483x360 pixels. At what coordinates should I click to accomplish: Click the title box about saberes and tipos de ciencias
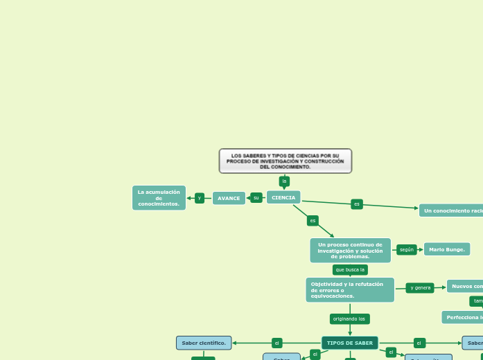285,161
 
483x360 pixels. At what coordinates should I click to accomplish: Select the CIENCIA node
283,197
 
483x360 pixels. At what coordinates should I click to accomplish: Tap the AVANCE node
229,198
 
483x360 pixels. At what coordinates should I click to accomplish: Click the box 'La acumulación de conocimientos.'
159,198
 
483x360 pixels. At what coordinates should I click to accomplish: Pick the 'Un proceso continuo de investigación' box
350,251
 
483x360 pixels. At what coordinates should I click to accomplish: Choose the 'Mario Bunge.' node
447,249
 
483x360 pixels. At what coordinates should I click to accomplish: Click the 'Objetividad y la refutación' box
350,290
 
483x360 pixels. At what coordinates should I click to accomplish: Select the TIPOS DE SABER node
350,343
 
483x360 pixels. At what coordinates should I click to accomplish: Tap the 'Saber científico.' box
204,343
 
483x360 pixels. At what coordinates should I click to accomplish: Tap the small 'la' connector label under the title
284,181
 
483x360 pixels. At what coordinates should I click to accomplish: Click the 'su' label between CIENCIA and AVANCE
256,198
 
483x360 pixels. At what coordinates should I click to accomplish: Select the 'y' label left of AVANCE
200,198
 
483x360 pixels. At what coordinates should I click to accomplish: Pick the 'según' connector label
407,249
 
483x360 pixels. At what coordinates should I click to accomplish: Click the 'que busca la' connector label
350,269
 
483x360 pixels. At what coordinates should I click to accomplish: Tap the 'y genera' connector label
420,287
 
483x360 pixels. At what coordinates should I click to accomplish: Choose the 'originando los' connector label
349,319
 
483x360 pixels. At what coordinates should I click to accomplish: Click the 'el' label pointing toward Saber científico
276,343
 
